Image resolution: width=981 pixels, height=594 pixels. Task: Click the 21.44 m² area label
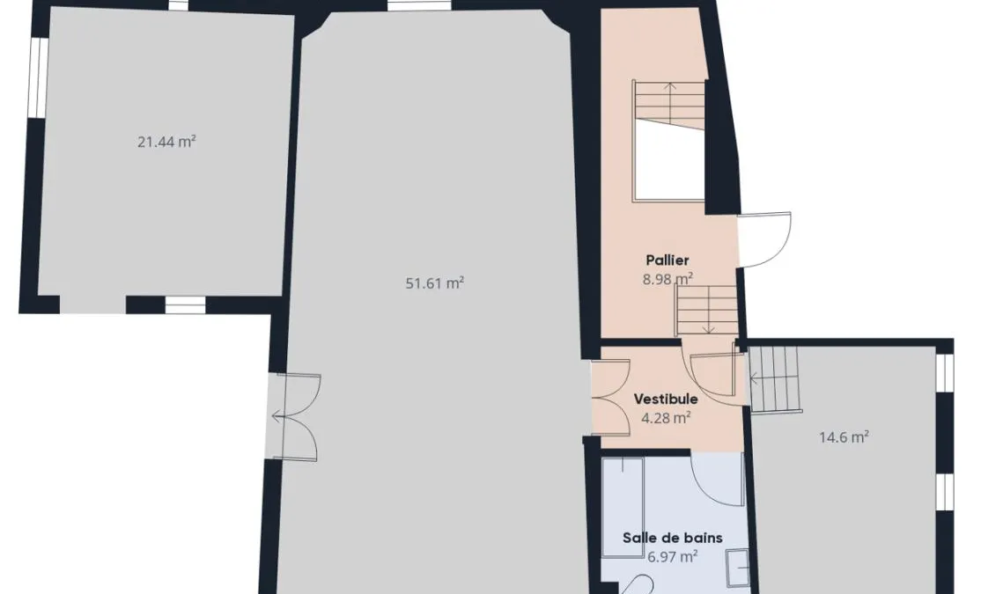166,142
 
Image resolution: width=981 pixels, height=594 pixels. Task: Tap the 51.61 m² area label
435,283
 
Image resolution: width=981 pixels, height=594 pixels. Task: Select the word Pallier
668,260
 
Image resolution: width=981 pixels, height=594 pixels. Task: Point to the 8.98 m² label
668,279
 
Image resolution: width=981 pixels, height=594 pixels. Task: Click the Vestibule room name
666,399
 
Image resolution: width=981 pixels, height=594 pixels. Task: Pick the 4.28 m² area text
666,417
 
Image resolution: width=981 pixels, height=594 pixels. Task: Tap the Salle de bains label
673,538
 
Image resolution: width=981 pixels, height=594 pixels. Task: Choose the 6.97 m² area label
673,556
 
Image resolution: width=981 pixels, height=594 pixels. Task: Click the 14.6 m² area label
844,437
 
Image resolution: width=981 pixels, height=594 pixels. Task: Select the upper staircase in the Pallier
668,105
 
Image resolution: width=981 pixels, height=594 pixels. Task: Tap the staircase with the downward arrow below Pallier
707,310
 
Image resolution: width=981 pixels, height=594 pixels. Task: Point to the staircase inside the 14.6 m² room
775,379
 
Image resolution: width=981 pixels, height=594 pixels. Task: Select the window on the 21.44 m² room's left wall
38,77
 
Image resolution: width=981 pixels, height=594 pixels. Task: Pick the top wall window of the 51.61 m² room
418,5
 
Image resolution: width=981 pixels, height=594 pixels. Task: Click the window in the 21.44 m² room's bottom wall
185,305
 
